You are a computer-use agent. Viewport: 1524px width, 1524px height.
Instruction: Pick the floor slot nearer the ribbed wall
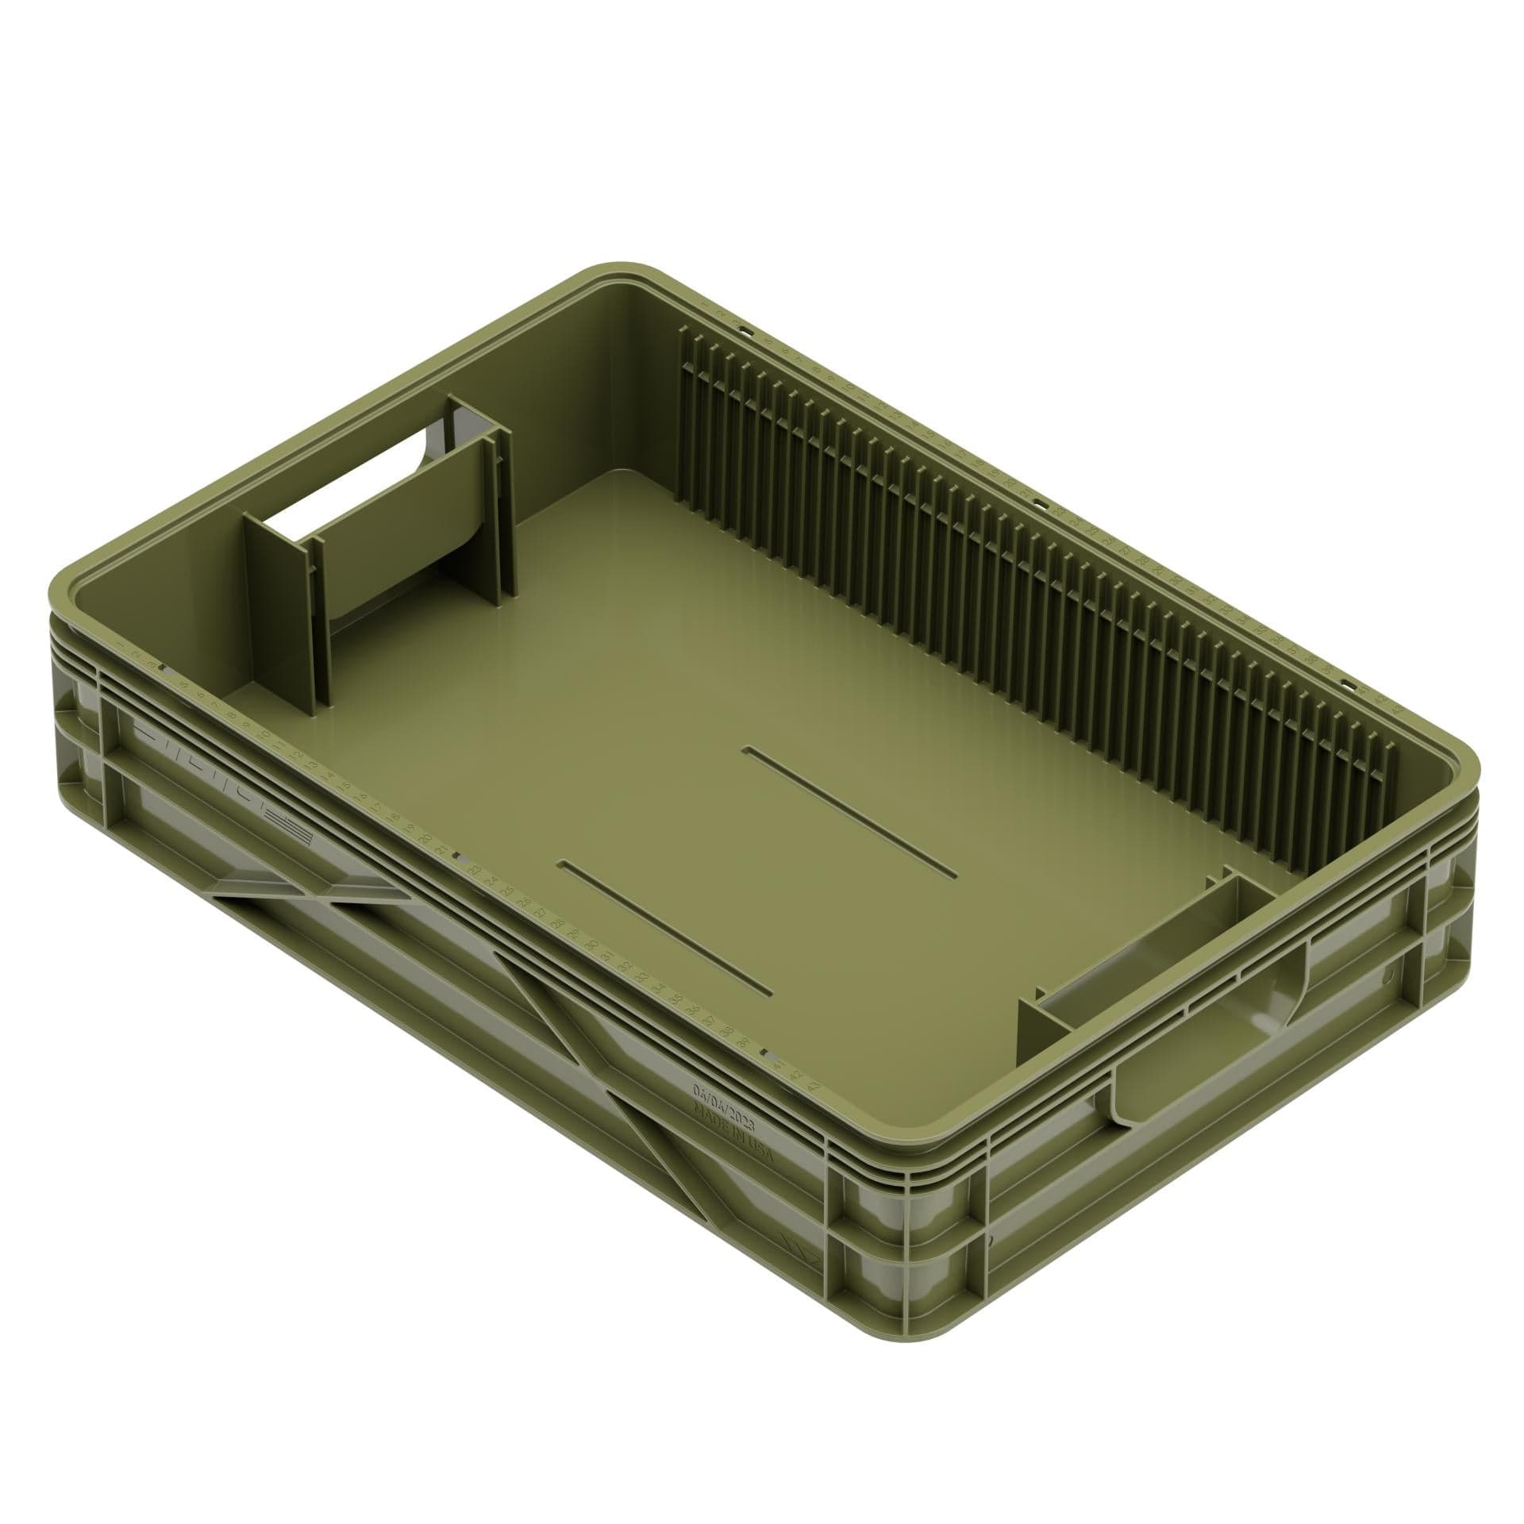[x=854, y=810]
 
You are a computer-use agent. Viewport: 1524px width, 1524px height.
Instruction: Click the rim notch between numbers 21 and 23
[x=458, y=858]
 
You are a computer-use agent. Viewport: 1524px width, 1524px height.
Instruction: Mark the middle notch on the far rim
[x=1037, y=502]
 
